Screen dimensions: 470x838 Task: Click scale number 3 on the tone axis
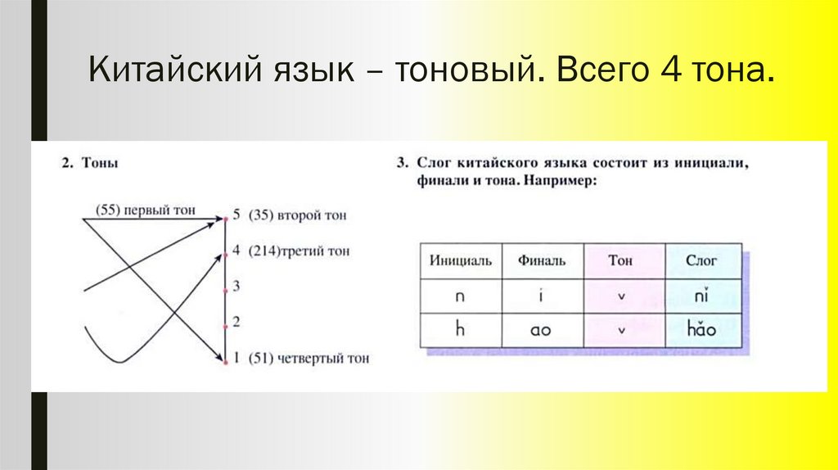point(236,286)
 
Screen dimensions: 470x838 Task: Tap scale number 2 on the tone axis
point(236,322)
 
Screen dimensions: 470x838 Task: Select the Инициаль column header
point(461,260)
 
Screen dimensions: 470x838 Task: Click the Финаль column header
point(542,260)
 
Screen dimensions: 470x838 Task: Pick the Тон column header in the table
point(623,260)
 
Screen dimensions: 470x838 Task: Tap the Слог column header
point(703,260)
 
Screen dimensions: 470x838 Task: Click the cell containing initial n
point(461,296)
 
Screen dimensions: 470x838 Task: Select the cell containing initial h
point(461,330)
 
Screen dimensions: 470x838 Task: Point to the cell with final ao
point(542,330)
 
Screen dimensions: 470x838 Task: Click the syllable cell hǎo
point(703,329)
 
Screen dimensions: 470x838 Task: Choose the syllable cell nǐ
point(703,296)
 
